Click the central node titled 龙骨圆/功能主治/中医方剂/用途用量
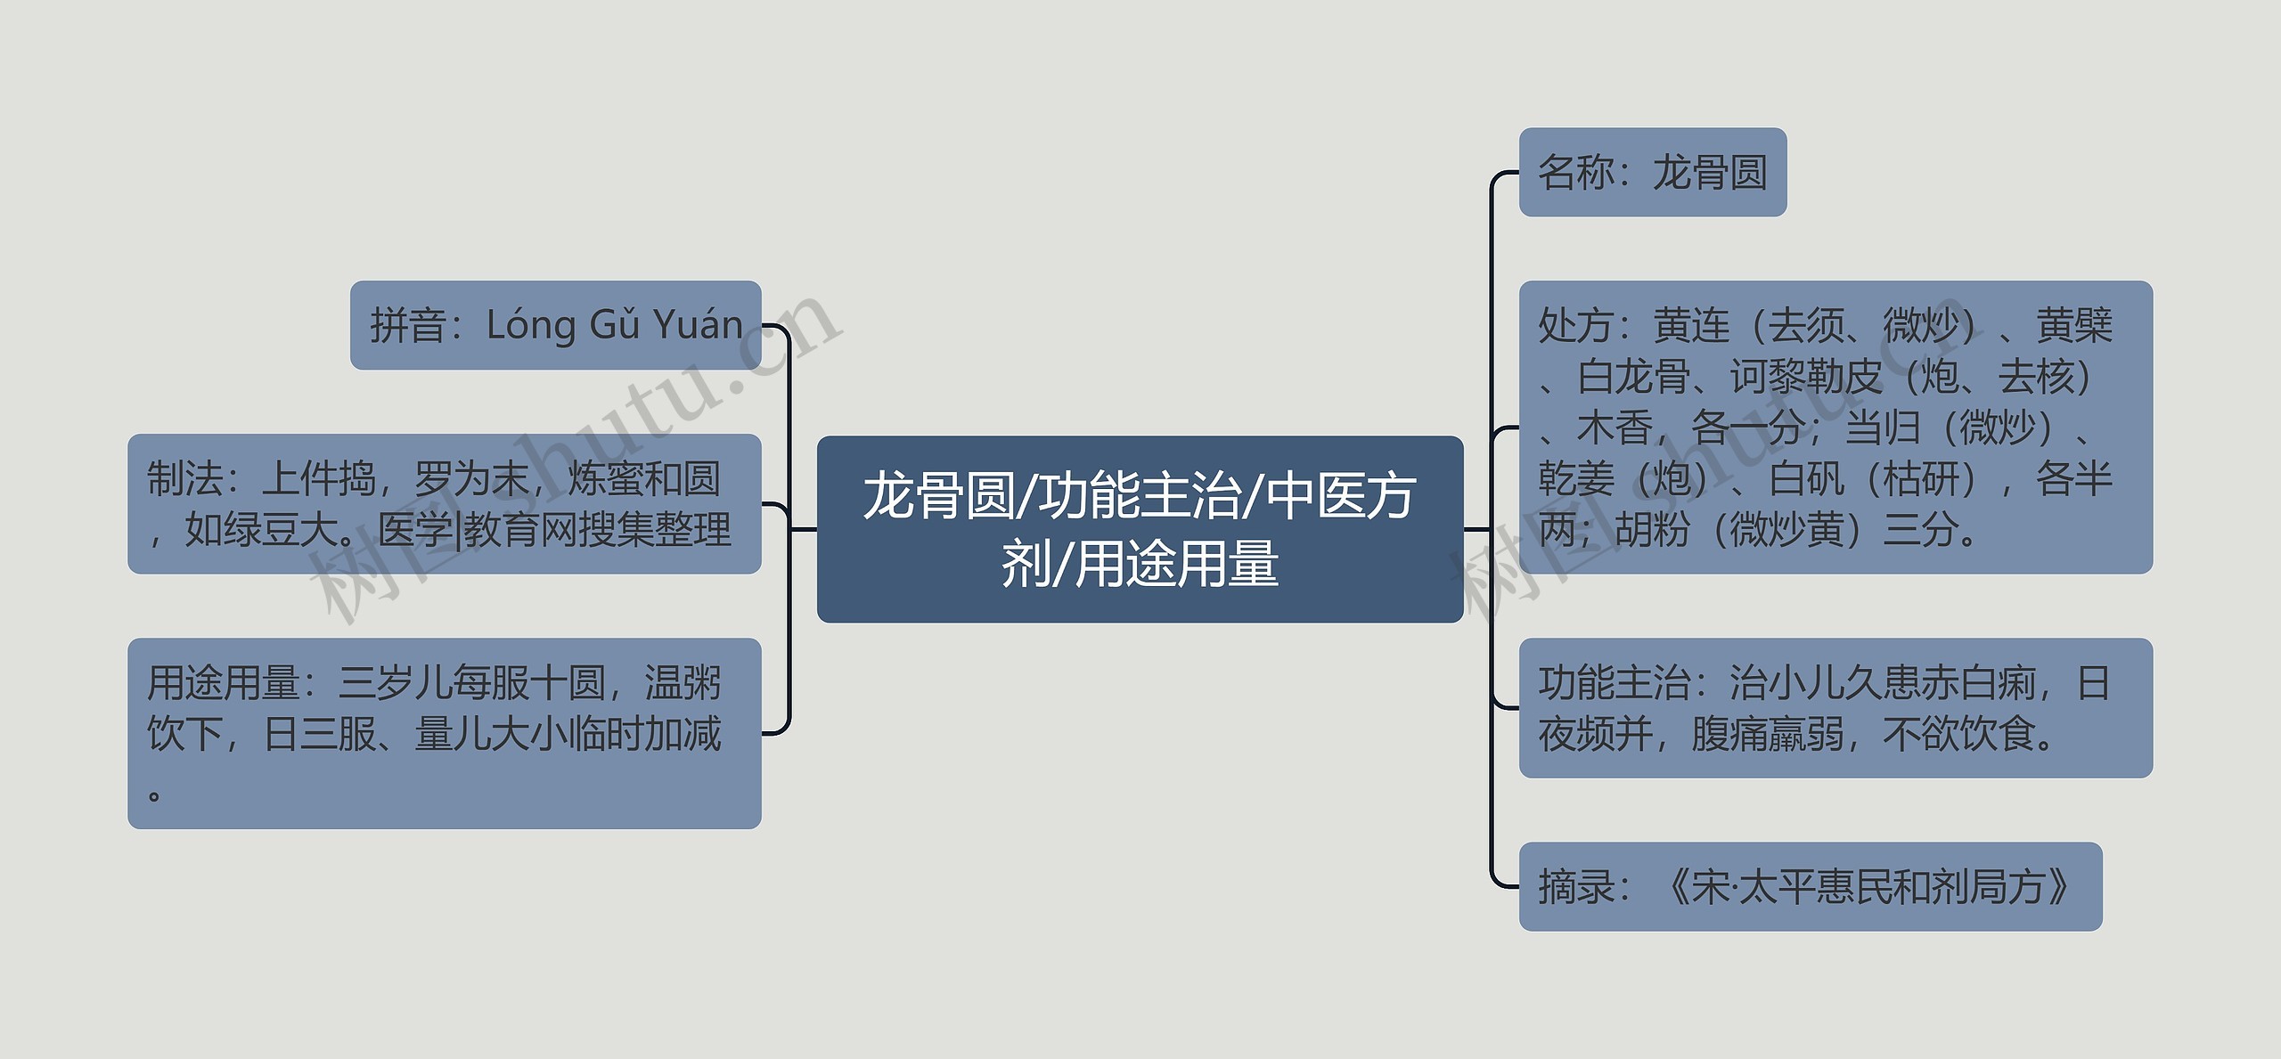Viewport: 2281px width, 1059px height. [1140, 529]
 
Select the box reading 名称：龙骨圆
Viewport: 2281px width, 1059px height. [1652, 172]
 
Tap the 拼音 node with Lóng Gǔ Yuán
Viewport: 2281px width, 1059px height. [555, 325]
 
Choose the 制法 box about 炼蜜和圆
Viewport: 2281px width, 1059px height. [444, 504]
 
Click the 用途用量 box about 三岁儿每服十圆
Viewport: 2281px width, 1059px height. [444, 733]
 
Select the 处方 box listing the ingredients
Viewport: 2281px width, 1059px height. [1835, 427]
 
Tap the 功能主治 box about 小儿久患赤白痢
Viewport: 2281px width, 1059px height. [1835, 708]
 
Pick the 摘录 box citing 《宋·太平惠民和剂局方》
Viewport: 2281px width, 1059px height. [1810, 886]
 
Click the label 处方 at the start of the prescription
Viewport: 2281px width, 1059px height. [1576, 326]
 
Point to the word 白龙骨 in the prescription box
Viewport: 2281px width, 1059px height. [1634, 377]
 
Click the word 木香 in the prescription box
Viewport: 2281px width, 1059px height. [1615, 428]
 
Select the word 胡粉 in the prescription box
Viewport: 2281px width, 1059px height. [1652, 530]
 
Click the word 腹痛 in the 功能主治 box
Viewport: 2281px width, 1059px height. [1729, 735]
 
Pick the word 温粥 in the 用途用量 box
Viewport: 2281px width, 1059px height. [683, 683]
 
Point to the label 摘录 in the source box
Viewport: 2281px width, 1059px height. [1576, 887]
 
